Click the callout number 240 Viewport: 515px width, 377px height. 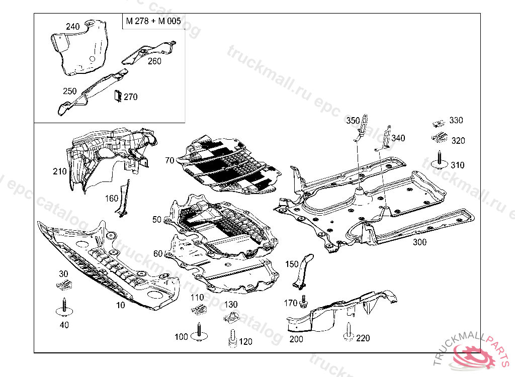coord(73,26)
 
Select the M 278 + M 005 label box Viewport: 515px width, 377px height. coord(153,22)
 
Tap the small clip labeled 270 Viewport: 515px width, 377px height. coord(118,96)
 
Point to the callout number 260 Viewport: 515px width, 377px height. coord(154,61)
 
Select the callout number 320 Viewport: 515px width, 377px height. coord(458,141)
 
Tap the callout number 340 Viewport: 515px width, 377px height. coord(398,138)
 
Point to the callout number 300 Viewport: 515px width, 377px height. coord(419,242)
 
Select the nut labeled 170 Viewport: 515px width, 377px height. coord(304,303)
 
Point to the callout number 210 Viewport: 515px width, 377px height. coord(59,171)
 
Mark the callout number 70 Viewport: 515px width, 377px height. coord(169,160)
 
